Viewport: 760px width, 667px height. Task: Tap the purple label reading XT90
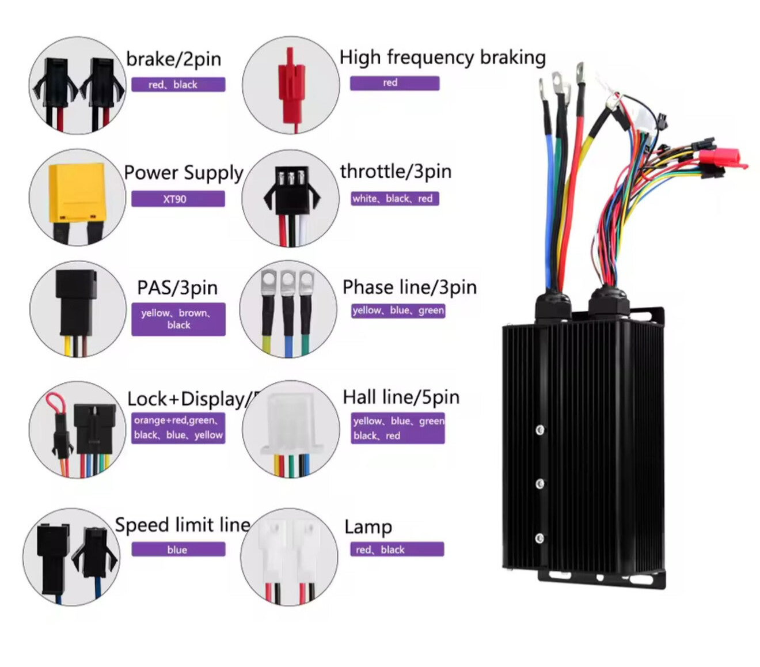click(178, 199)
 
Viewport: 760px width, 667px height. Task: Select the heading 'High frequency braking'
click(442, 58)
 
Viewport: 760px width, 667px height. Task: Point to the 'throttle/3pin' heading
click(396, 172)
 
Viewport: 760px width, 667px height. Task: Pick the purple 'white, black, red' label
click(395, 199)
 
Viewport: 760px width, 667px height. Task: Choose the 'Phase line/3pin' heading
click(409, 287)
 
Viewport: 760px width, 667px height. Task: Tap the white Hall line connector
click(290, 424)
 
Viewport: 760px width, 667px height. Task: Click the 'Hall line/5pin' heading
click(401, 397)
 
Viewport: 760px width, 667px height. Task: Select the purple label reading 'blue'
click(178, 550)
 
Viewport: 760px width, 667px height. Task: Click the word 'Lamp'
click(368, 527)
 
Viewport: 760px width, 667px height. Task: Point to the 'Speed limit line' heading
click(183, 525)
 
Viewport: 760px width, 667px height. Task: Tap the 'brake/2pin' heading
click(173, 59)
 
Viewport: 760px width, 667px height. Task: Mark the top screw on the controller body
click(540, 430)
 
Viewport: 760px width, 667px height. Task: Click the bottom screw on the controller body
click(539, 539)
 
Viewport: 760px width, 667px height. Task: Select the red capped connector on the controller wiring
click(721, 158)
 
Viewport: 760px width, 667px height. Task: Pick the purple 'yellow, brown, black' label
click(178, 319)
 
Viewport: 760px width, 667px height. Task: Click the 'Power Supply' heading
click(184, 173)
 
